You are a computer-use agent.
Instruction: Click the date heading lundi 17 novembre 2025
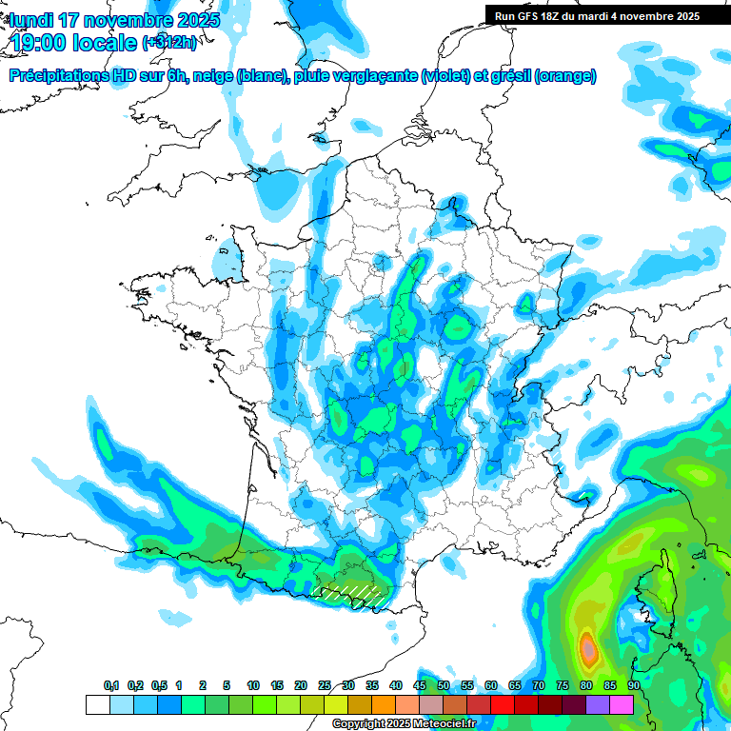coord(114,20)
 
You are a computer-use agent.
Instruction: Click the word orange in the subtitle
coord(566,76)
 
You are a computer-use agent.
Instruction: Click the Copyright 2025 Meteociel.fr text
coord(404,724)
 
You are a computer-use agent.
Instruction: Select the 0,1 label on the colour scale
coord(111,686)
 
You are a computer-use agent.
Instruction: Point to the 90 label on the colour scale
coord(633,686)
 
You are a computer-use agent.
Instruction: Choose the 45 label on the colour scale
coord(420,686)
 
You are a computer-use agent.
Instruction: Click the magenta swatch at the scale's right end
coord(622,704)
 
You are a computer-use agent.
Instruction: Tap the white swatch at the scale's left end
coord(97,704)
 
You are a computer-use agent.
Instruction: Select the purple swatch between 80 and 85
coord(598,704)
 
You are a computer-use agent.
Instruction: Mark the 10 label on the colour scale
coord(253,686)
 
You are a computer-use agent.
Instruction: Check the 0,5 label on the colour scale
coord(159,686)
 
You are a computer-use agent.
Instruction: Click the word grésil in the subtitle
coord(509,76)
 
